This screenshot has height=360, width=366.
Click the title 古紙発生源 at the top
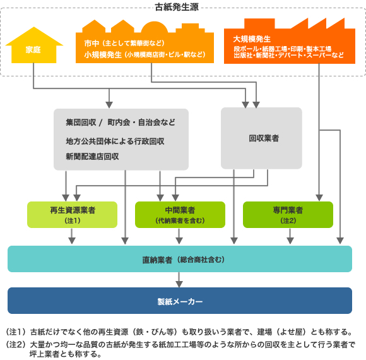click(177, 7)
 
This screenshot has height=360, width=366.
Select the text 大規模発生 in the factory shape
click(252, 39)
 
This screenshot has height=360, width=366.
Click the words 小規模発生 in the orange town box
click(103, 55)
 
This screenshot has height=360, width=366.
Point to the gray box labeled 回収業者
click(261, 138)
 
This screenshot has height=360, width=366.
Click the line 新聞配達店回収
click(92, 156)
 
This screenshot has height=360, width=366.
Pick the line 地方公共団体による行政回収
click(115, 141)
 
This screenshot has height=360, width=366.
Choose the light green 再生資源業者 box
click(72, 215)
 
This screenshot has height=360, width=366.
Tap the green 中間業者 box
click(180, 215)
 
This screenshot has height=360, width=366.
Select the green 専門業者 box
click(288, 215)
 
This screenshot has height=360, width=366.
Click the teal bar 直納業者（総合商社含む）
click(180, 259)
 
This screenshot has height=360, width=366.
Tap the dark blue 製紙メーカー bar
click(180, 301)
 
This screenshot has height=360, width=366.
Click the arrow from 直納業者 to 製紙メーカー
click(179, 280)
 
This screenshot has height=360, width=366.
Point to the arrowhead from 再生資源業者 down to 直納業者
click(72, 241)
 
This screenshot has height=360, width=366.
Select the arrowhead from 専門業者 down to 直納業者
click(290, 241)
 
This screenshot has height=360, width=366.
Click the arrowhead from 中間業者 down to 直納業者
click(179, 241)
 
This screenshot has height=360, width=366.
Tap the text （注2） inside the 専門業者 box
click(288, 220)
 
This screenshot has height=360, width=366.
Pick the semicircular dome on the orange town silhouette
click(155, 27)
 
